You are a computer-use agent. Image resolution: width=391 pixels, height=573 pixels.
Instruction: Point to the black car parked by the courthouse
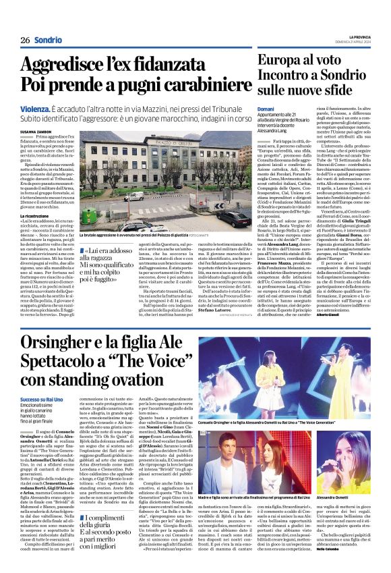click(x=236, y=219)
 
